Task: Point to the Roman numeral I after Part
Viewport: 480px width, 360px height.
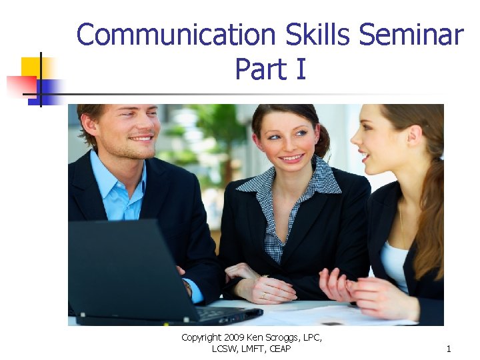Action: click(x=301, y=69)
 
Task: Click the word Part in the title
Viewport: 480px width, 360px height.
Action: click(x=260, y=69)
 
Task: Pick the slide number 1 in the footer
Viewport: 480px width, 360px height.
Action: click(x=449, y=349)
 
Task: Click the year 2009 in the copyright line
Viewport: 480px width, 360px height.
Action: click(x=233, y=338)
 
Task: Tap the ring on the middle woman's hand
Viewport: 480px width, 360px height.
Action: click(x=263, y=294)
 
